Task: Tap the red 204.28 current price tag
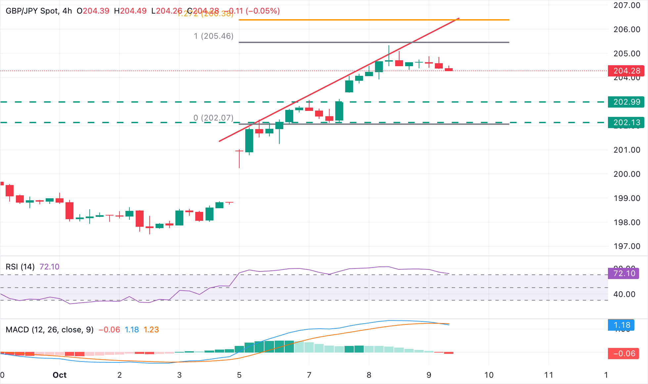[626, 71]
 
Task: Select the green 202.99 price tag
[626, 102]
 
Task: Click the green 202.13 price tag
[626, 122]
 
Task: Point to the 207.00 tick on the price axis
[627, 5]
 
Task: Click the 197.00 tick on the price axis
[627, 246]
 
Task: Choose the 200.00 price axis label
[627, 174]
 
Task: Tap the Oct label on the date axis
[60, 375]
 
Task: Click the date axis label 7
[309, 375]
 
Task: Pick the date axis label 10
[489, 375]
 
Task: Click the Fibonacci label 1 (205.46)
[213, 36]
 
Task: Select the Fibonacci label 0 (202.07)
[213, 118]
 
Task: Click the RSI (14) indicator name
[20, 267]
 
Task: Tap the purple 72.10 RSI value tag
[624, 273]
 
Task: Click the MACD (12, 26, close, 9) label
[50, 330]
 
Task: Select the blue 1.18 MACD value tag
[621, 325]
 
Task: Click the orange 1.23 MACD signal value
[151, 330]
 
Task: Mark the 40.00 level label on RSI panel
[624, 294]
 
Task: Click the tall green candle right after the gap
[249, 141]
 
